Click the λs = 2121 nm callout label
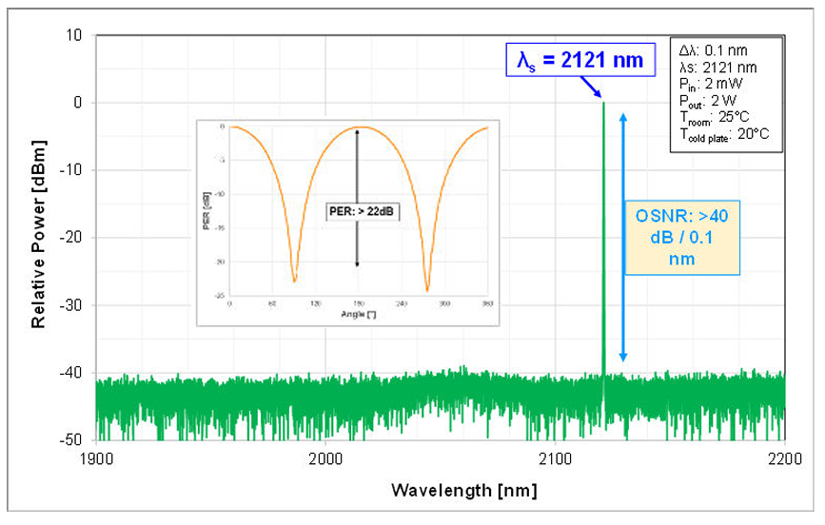tap(579, 61)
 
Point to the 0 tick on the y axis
tap(79, 103)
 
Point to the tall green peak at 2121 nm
tap(603, 238)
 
